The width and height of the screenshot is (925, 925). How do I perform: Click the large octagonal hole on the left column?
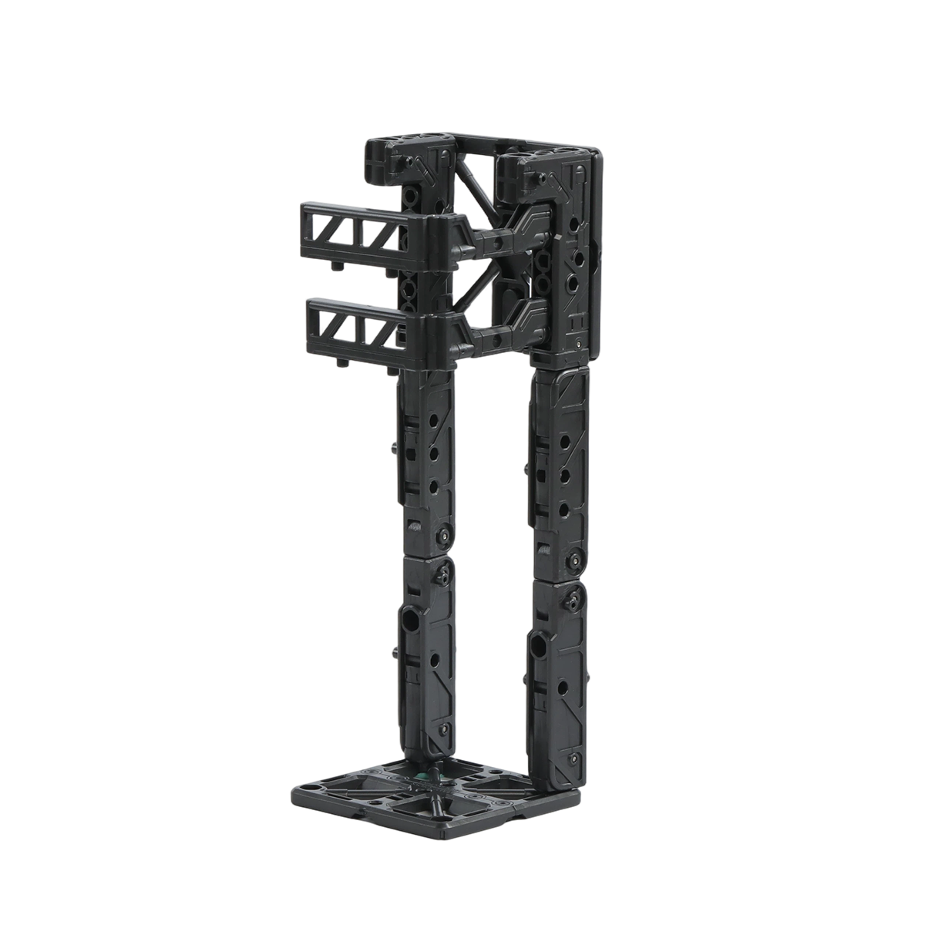[409, 619]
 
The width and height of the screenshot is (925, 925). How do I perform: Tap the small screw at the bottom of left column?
[442, 728]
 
